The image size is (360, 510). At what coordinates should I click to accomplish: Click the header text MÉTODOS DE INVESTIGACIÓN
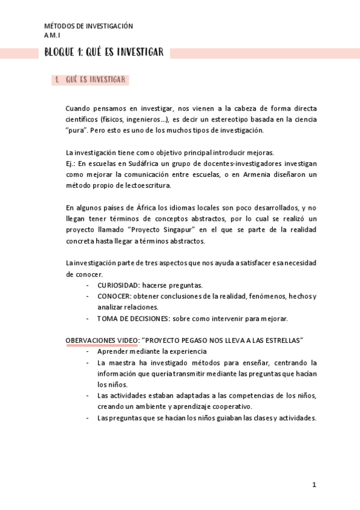(88, 26)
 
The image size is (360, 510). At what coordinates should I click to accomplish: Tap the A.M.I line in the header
(52, 35)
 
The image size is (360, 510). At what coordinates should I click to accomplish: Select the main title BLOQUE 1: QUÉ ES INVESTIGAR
(104, 53)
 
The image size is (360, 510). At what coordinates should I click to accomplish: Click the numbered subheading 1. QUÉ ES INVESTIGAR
(90, 79)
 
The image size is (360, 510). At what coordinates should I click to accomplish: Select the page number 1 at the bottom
(314, 484)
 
